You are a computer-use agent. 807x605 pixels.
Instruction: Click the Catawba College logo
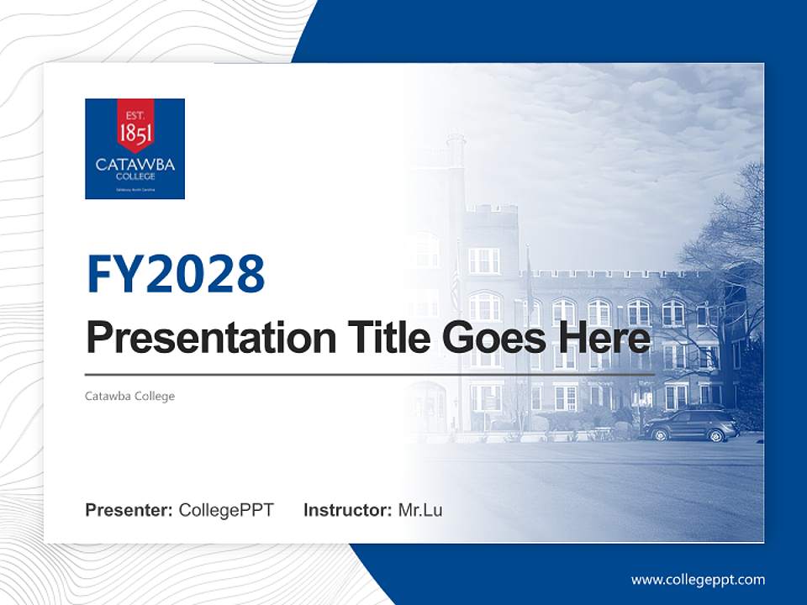coord(134,149)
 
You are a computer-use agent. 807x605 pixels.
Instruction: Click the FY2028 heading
coord(176,273)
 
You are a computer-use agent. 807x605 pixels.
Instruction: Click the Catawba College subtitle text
coord(129,396)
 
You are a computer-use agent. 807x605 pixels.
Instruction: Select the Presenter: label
coord(129,510)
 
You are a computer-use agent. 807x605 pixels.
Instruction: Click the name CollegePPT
coord(226,510)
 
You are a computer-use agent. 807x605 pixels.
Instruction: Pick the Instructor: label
coord(347,510)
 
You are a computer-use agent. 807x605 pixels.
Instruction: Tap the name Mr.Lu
coord(420,510)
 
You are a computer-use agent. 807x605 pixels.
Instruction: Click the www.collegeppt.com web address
coord(698,580)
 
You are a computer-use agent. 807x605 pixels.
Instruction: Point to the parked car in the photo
coord(691,427)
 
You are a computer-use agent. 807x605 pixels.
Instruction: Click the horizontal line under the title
coord(370,374)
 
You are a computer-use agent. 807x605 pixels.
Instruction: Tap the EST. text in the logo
coord(134,114)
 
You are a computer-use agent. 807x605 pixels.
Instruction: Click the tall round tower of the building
coord(456,193)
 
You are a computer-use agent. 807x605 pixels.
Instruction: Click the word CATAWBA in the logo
coord(134,165)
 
